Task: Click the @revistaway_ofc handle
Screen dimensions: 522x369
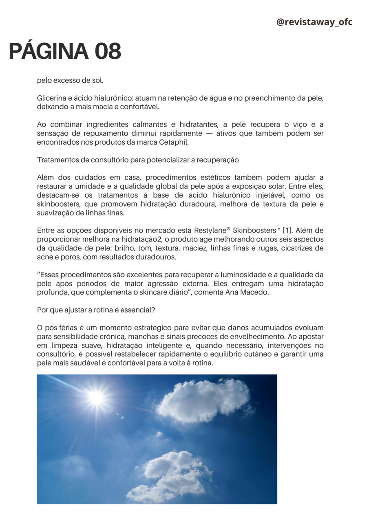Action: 314,22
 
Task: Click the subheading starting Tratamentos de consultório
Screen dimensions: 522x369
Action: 137,160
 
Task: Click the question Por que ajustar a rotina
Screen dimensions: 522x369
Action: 96,310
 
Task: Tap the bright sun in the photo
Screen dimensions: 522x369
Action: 96,396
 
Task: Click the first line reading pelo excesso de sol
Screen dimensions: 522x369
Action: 70,80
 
